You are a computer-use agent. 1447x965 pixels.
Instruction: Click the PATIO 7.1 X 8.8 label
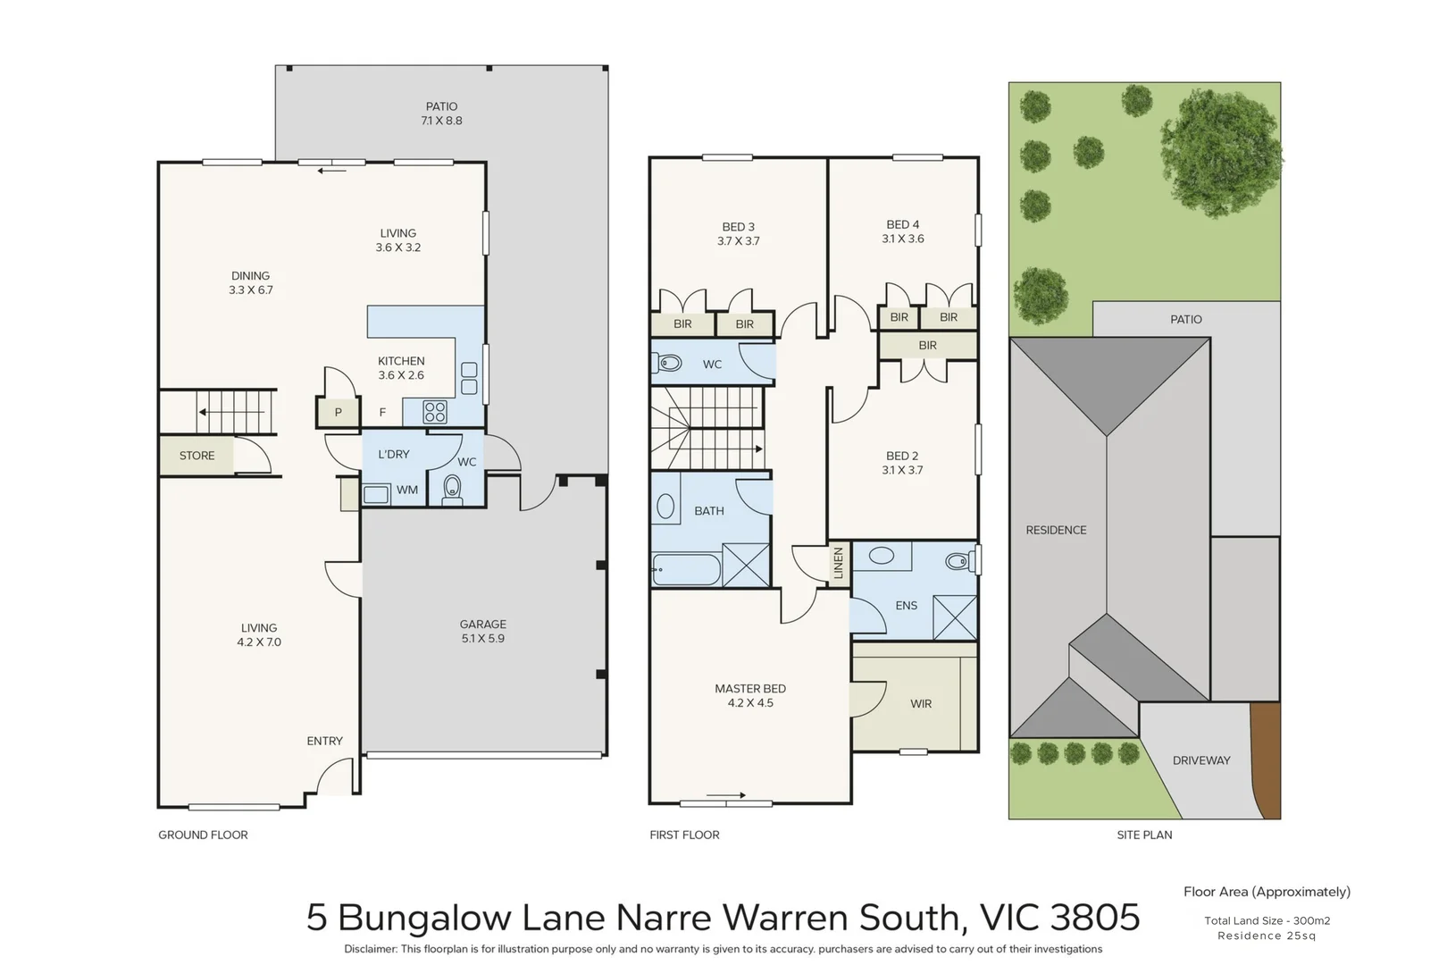(441, 113)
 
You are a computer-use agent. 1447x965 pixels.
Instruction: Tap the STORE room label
(197, 456)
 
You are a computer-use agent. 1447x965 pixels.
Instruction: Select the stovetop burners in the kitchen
(435, 412)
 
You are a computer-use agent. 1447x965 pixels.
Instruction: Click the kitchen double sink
(469, 378)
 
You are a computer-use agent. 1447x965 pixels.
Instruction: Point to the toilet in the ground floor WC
(452, 488)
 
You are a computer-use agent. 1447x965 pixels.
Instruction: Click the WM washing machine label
(407, 490)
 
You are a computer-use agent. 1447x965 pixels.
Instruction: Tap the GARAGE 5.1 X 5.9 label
(482, 631)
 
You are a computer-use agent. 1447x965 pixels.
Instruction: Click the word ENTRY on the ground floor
(324, 741)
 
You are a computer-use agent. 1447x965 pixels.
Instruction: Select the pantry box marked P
(338, 413)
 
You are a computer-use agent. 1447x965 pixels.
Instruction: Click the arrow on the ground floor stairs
(205, 412)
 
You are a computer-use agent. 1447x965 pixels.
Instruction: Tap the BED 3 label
(738, 233)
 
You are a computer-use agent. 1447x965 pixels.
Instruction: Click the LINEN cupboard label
(838, 564)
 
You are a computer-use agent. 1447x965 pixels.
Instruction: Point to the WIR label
(921, 704)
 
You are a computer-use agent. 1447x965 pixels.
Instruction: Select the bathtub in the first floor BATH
(686, 569)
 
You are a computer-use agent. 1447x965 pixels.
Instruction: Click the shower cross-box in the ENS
(954, 617)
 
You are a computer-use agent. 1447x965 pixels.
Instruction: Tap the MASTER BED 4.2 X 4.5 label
(749, 695)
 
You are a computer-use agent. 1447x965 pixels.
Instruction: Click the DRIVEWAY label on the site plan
(1200, 760)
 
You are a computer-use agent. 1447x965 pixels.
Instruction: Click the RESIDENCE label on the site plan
(1056, 530)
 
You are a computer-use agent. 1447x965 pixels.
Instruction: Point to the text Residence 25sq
(1266, 936)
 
